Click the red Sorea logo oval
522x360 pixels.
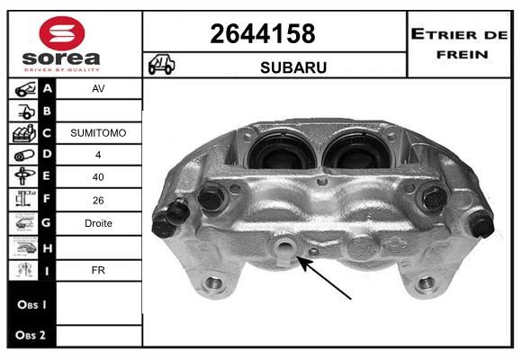[62, 33]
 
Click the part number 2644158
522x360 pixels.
[263, 33]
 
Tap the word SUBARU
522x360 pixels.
[293, 67]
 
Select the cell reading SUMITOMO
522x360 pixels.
[98, 133]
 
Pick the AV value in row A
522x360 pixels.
[98, 88]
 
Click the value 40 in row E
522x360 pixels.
[98, 176]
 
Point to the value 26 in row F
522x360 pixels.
[98, 200]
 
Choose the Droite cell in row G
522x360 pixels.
[98, 223]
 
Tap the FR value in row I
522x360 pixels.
[98, 270]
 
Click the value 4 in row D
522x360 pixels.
[98, 155]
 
